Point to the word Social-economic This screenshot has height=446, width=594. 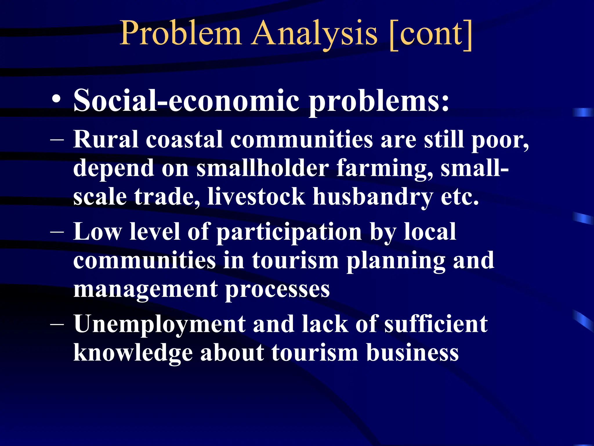click(186, 100)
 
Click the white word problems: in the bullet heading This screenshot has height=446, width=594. click(379, 102)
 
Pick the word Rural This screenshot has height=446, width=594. click(106, 140)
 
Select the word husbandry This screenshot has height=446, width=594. click(373, 197)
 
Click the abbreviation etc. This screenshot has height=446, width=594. click(459, 197)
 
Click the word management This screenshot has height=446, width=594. click(145, 289)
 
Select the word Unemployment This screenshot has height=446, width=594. click(160, 324)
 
